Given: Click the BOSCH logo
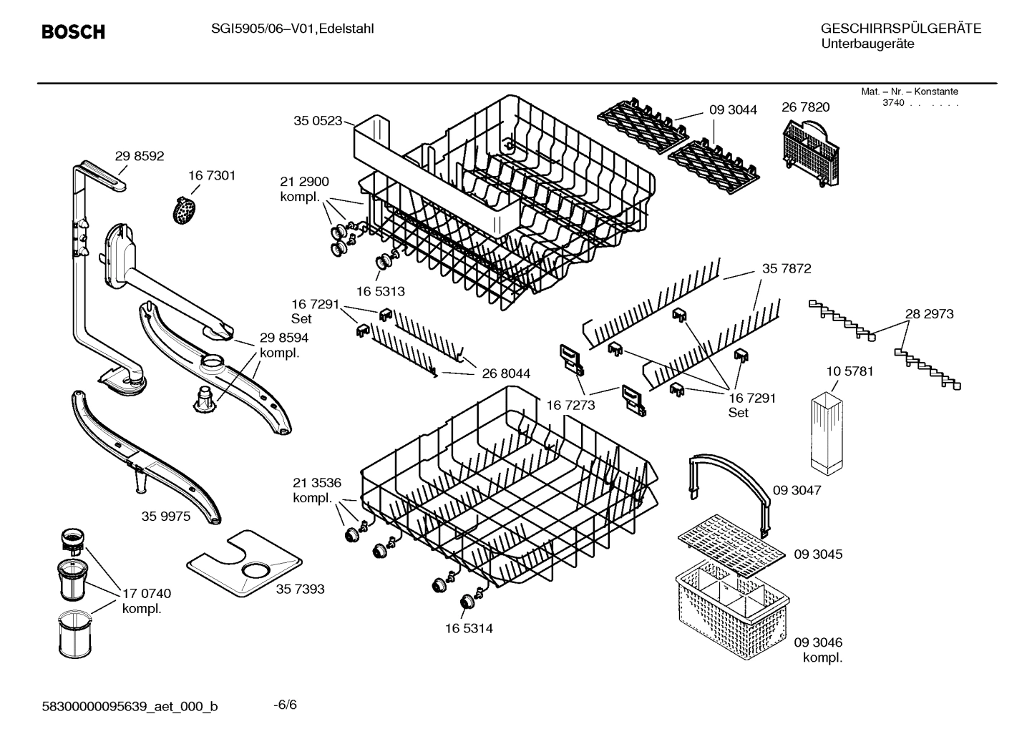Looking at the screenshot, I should click(x=73, y=32).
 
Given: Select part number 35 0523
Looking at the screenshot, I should click(x=318, y=121).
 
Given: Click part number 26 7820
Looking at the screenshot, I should click(x=806, y=107).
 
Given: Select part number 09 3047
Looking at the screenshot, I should click(x=797, y=491).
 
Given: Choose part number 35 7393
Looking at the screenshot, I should click(x=300, y=589).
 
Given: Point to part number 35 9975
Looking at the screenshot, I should click(x=166, y=516).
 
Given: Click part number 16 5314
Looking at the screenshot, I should click(x=468, y=628).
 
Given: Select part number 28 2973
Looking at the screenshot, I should click(x=929, y=314).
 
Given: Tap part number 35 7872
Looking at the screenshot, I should click(x=787, y=269).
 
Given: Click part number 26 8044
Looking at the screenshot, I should click(x=506, y=373).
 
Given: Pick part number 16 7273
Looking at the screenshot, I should click(x=570, y=405).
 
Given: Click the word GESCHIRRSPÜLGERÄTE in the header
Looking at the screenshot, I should click(x=900, y=29).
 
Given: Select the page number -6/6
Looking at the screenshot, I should click(x=285, y=705).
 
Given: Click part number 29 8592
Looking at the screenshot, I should click(x=140, y=156).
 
